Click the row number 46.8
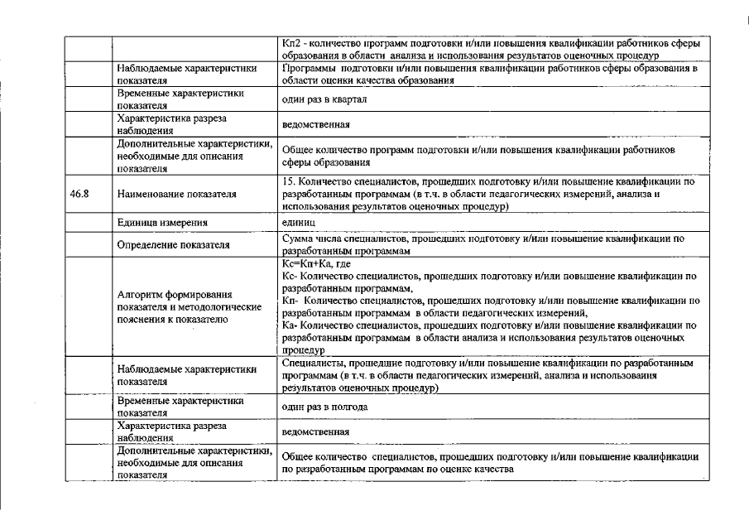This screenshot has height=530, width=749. pyautogui.click(x=79, y=195)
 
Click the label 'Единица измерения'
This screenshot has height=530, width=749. pyautogui.click(x=162, y=223)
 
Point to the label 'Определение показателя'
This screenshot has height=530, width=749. pyautogui.click(x=172, y=245)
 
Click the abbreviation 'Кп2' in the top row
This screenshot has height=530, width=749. pyautogui.click(x=291, y=43)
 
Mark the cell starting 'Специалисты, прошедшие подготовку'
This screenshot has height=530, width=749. pyautogui.click(x=487, y=375)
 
